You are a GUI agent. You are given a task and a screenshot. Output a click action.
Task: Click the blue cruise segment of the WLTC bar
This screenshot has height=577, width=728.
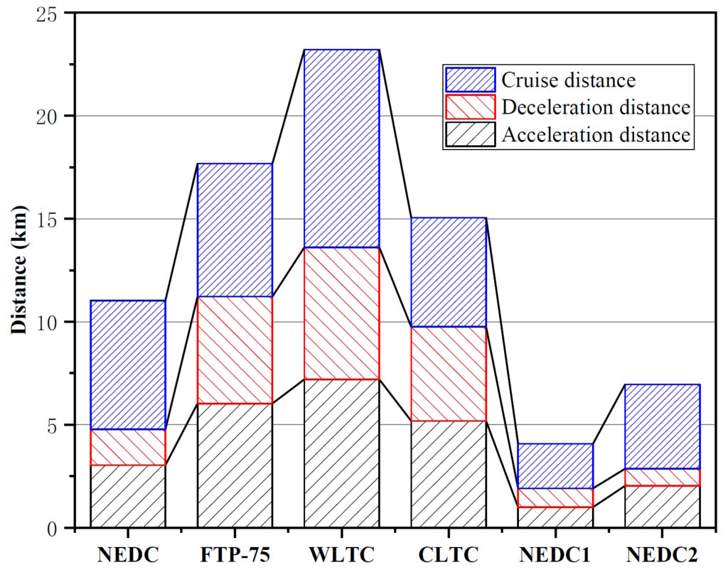click(342, 149)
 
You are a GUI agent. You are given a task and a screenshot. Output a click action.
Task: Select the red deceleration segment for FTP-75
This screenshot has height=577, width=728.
click(235, 350)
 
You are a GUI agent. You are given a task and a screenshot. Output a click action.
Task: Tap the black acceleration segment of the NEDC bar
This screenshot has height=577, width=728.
click(128, 496)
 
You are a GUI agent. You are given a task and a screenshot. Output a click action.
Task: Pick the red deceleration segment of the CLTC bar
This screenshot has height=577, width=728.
click(449, 374)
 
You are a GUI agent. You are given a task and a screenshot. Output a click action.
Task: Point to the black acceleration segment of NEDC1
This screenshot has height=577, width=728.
click(555, 517)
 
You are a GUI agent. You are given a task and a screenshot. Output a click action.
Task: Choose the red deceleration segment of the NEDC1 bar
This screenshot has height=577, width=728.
click(555, 497)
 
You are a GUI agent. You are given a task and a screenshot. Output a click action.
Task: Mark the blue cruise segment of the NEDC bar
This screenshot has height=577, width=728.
click(128, 365)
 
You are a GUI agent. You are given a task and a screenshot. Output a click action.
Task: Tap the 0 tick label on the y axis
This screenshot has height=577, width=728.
click(54, 528)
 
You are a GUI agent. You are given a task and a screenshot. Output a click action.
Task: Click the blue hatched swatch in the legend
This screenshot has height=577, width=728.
click(469, 79)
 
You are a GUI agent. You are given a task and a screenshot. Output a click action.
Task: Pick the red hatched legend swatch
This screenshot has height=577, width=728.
click(469, 107)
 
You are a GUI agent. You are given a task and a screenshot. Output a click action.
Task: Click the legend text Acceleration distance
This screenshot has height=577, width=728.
click(596, 135)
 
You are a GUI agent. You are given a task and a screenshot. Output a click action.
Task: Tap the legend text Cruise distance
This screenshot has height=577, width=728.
click(568, 79)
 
